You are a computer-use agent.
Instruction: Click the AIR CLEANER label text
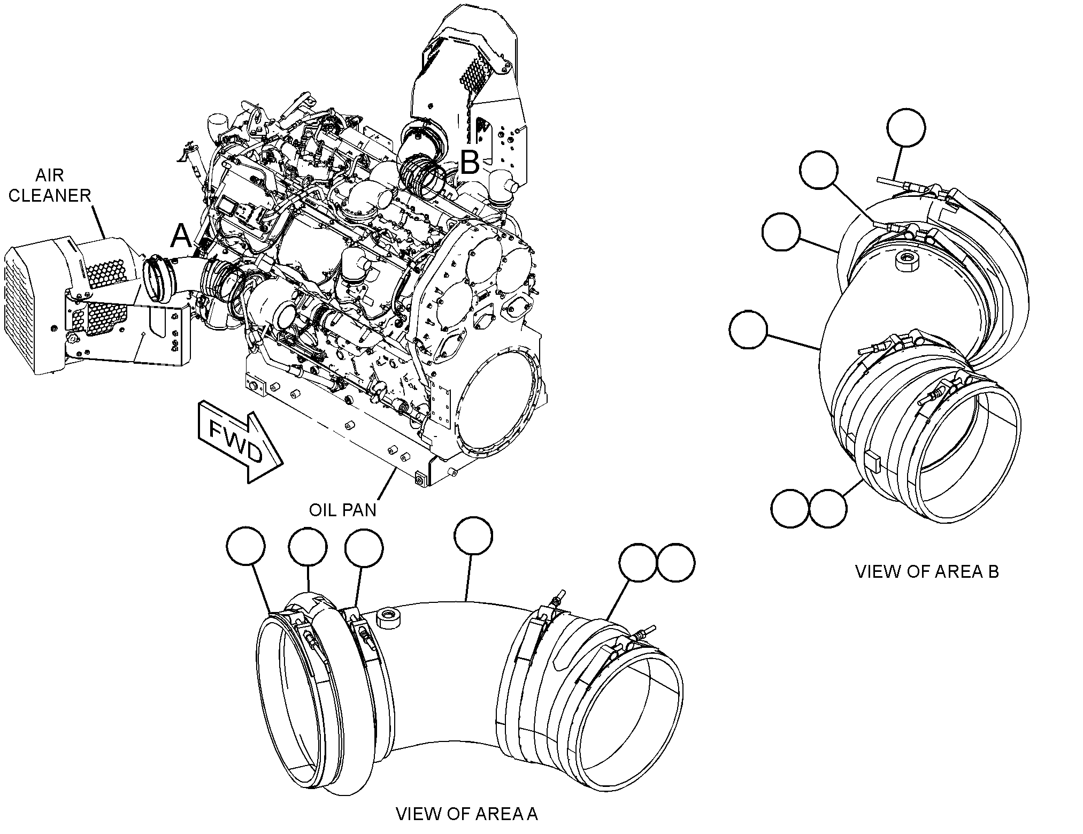tap(50, 185)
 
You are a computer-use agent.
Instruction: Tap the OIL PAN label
tap(343, 510)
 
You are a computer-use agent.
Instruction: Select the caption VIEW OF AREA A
tap(467, 814)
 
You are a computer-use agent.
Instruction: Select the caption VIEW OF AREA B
tap(927, 571)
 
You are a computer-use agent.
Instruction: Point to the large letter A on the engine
tap(182, 236)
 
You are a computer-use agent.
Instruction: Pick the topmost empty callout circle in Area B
tap(906, 128)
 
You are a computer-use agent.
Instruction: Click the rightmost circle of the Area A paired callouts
tap(676, 563)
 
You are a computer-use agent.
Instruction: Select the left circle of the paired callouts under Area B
tap(790, 508)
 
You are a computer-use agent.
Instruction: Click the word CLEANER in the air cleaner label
tap(50, 195)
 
